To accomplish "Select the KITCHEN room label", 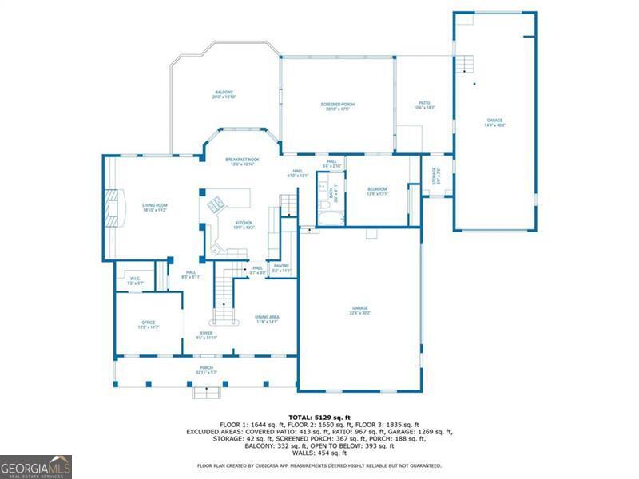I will pyautogui.click(x=244, y=224).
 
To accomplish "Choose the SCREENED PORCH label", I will pyautogui.click(x=337, y=106).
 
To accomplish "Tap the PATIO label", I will pyautogui.click(x=425, y=104).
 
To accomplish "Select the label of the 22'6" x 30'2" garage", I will pyautogui.click(x=360, y=310).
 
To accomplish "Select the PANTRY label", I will pyautogui.click(x=281, y=268).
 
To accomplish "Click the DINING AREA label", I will pyautogui.click(x=267, y=319).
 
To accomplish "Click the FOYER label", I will pyautogui.click(x=206, y=335).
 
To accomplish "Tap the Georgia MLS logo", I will pyautogui.click(x=36, y=466).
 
